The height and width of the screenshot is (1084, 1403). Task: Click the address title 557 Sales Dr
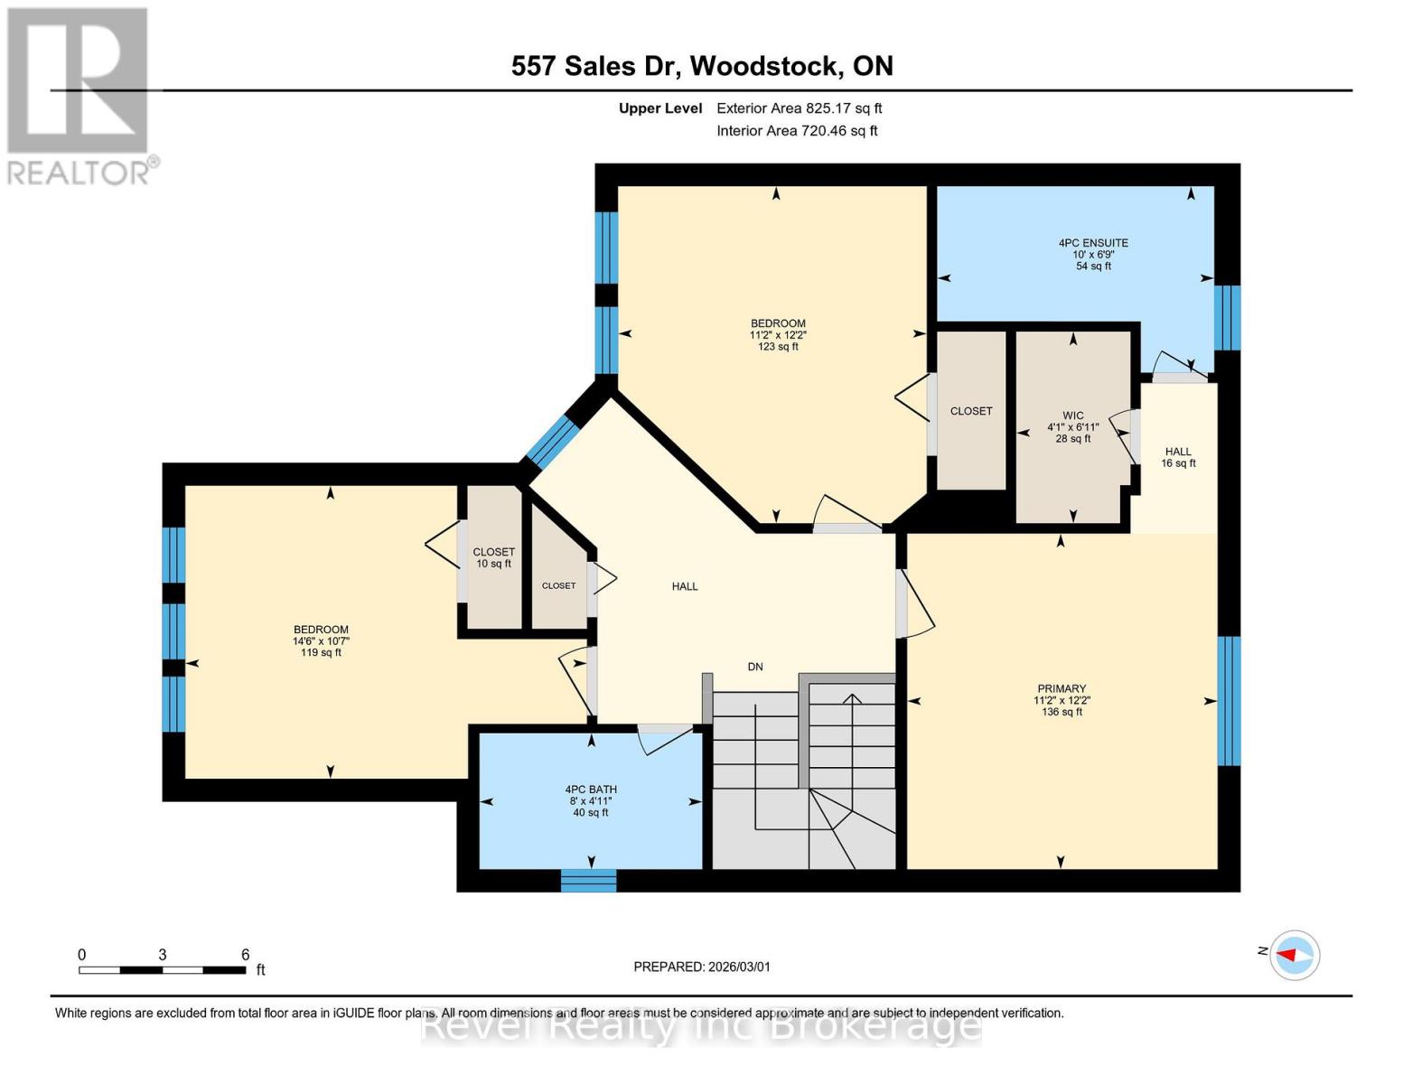pyautogui.click(x=701, y=66)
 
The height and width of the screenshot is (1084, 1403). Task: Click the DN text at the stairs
pyautogui.click(x=755, y=667)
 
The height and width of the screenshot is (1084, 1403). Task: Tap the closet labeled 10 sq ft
pyautogui.click(x=493, y=557)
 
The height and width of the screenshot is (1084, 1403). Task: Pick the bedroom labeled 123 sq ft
pyautogui.click(x=778, y=334)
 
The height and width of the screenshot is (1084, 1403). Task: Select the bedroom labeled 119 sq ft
pyautogui.click(x=321, y=640)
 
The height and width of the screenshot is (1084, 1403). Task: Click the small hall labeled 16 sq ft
pyautogui.click(x=1178, y=457)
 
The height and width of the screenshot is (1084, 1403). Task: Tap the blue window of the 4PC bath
pyautogui.click(x=589, y=881)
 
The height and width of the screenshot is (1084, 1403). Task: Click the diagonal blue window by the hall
pyautogui.click(x=552, y=441)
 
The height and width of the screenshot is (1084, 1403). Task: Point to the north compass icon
pyautogui.click(x=1295, y=954)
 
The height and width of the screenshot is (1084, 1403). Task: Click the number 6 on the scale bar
pyautogui.click(x=245, y=954)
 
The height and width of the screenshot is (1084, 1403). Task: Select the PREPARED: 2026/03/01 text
pyautogui.click(x=702, y=967)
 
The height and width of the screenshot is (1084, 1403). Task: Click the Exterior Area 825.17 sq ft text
pyautogui.click(x=799, y=108)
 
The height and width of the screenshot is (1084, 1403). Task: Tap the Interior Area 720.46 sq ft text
pyautogui.click(x=797, y=131)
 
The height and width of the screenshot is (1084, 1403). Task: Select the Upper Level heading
pyautogui.click(x=660, y=108)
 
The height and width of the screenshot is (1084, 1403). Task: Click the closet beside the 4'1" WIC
pyautogui.click(x=971, y=411)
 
